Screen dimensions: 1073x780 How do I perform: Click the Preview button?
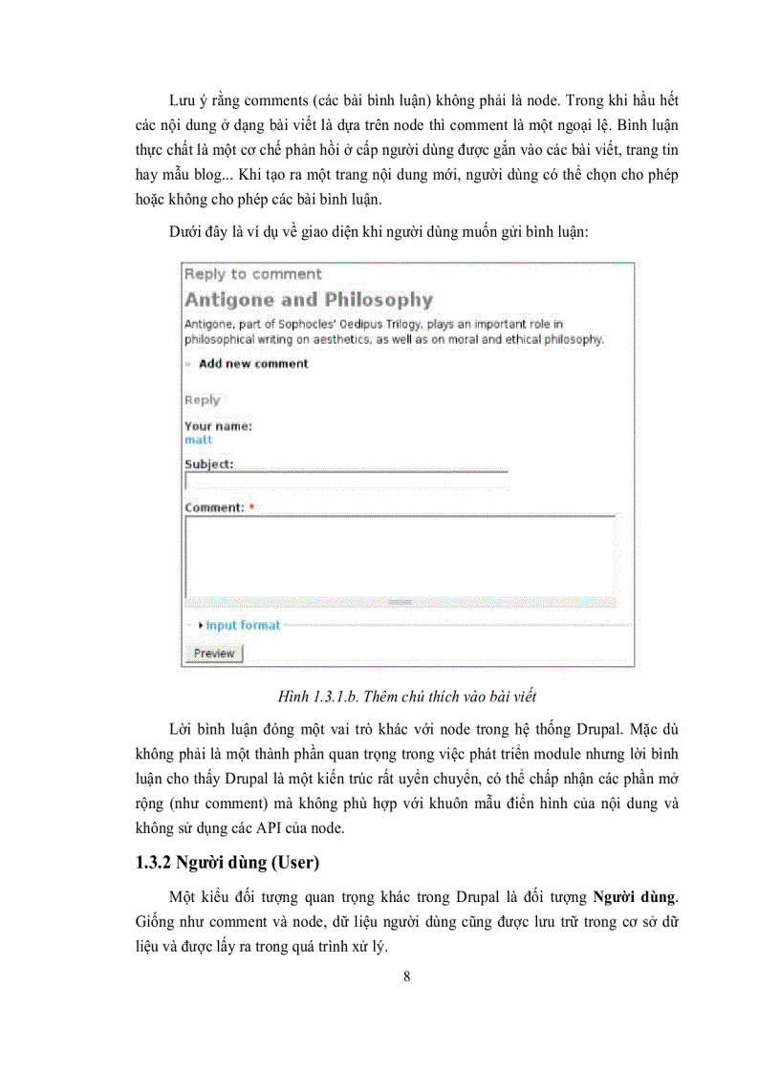point(213,654)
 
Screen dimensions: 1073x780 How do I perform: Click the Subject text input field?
point(345,481)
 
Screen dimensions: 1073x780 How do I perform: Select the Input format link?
point(242,626)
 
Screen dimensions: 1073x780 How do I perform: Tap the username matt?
point(198,440)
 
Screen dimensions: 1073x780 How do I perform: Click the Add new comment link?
point(253,364)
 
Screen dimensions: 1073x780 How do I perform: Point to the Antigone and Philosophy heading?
point(308,300)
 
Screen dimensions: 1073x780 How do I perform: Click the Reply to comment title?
point(252,274)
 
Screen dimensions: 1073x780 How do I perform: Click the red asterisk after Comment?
point(251,508)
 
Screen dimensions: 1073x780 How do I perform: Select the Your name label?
point(218,426)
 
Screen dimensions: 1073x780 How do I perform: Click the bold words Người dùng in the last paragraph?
point(634,897)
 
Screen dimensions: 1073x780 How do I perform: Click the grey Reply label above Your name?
point(202,400)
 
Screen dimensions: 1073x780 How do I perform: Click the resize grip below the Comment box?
point(400,602)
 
